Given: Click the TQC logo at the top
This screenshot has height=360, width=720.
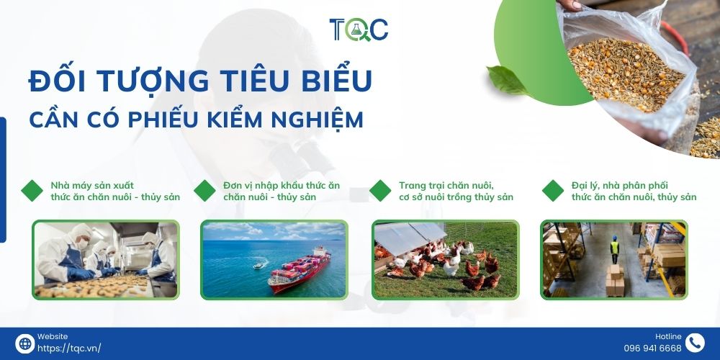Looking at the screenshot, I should coord(359,30).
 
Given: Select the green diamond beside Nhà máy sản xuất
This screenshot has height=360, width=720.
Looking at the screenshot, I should coord(32,191).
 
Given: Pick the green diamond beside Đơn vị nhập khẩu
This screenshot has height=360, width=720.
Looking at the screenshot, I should coord(205,191).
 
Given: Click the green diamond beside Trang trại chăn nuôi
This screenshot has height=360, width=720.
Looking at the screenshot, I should coord(380,191).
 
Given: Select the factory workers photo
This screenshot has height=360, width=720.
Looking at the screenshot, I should coord(106,259).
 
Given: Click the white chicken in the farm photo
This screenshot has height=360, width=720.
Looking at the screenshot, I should coord(451,266).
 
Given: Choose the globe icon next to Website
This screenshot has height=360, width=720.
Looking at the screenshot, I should coord(25,343).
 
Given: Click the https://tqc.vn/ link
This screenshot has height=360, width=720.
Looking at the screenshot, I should coord(69,348).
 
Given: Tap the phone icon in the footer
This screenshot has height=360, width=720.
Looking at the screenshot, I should coord(695,343).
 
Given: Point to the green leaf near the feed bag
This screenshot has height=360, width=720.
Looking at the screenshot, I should coord(506,80).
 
